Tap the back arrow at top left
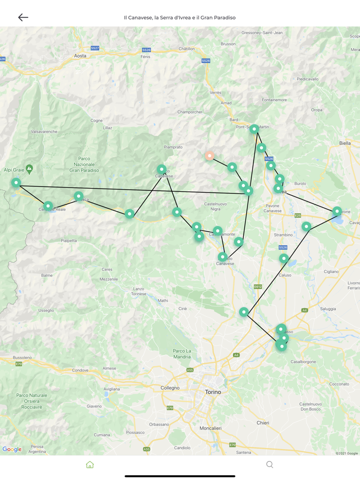[x=23, y=17]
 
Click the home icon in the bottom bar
[x=90, y=465]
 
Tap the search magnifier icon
[x=269, y=465]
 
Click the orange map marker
[x=209, y=156]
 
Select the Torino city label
[x=213, y=392]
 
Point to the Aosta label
[x=80, y=56]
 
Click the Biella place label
[x=345, y=143]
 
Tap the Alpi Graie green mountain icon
[x=29, y=169]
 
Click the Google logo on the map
[x=12, y=449]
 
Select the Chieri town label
[x=263, y=423]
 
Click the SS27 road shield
[x=95, y=48]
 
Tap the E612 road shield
[x=258, y=287]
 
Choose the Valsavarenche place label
[x=44, y=132]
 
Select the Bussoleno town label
[x=22, y=357]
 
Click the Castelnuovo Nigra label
[x=215, y=207]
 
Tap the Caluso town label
[x=284, y=275]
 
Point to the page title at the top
[x=180, y=17]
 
